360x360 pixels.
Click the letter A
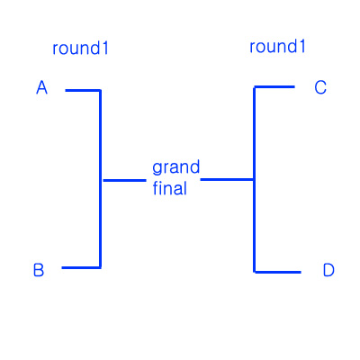[x=42, y=87]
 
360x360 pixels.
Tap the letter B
[x=39, y=270]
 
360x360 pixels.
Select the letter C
[x=320, y=87]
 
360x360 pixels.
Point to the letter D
[x=328, y=270]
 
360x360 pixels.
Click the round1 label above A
[x=80, y=49]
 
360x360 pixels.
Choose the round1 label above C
[x=277, y=47]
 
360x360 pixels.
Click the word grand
[x=175, y=168]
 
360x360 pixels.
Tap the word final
[x=170, y=188]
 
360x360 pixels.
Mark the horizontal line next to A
[x=83, y=90]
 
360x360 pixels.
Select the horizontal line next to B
[x=81, y=267]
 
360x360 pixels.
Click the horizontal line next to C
[x=274, y=87]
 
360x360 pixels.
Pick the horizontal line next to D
[x=277, y=272]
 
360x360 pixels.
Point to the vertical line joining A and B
[x=100, y=179]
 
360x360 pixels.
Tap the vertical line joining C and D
[x=255, y=179]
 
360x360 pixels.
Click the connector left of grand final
[x=124, y=180]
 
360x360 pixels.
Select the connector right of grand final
[x=227, y=180]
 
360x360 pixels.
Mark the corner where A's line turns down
[x=100, y=90]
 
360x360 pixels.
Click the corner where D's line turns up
[x=255, y=272]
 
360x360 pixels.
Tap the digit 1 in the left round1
[x=104, y=49]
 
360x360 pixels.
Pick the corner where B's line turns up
[x=100, y=267]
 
